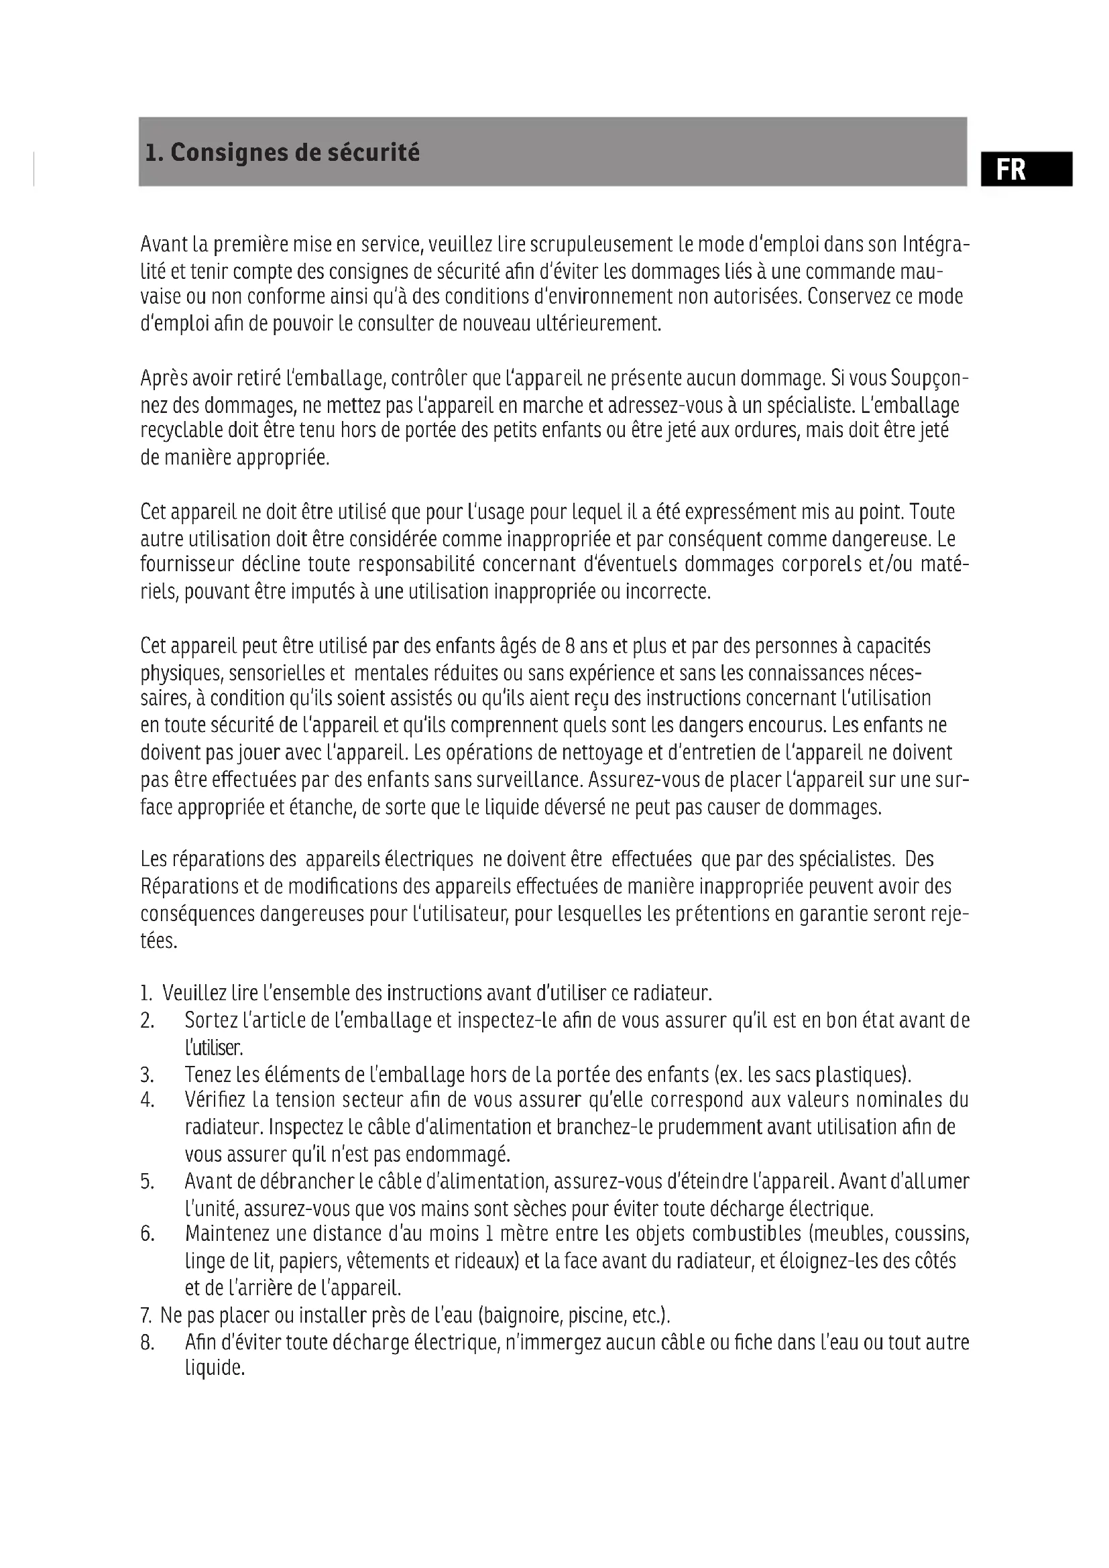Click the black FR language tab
1026,169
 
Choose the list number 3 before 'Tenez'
147,1075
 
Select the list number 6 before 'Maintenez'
147,1234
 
